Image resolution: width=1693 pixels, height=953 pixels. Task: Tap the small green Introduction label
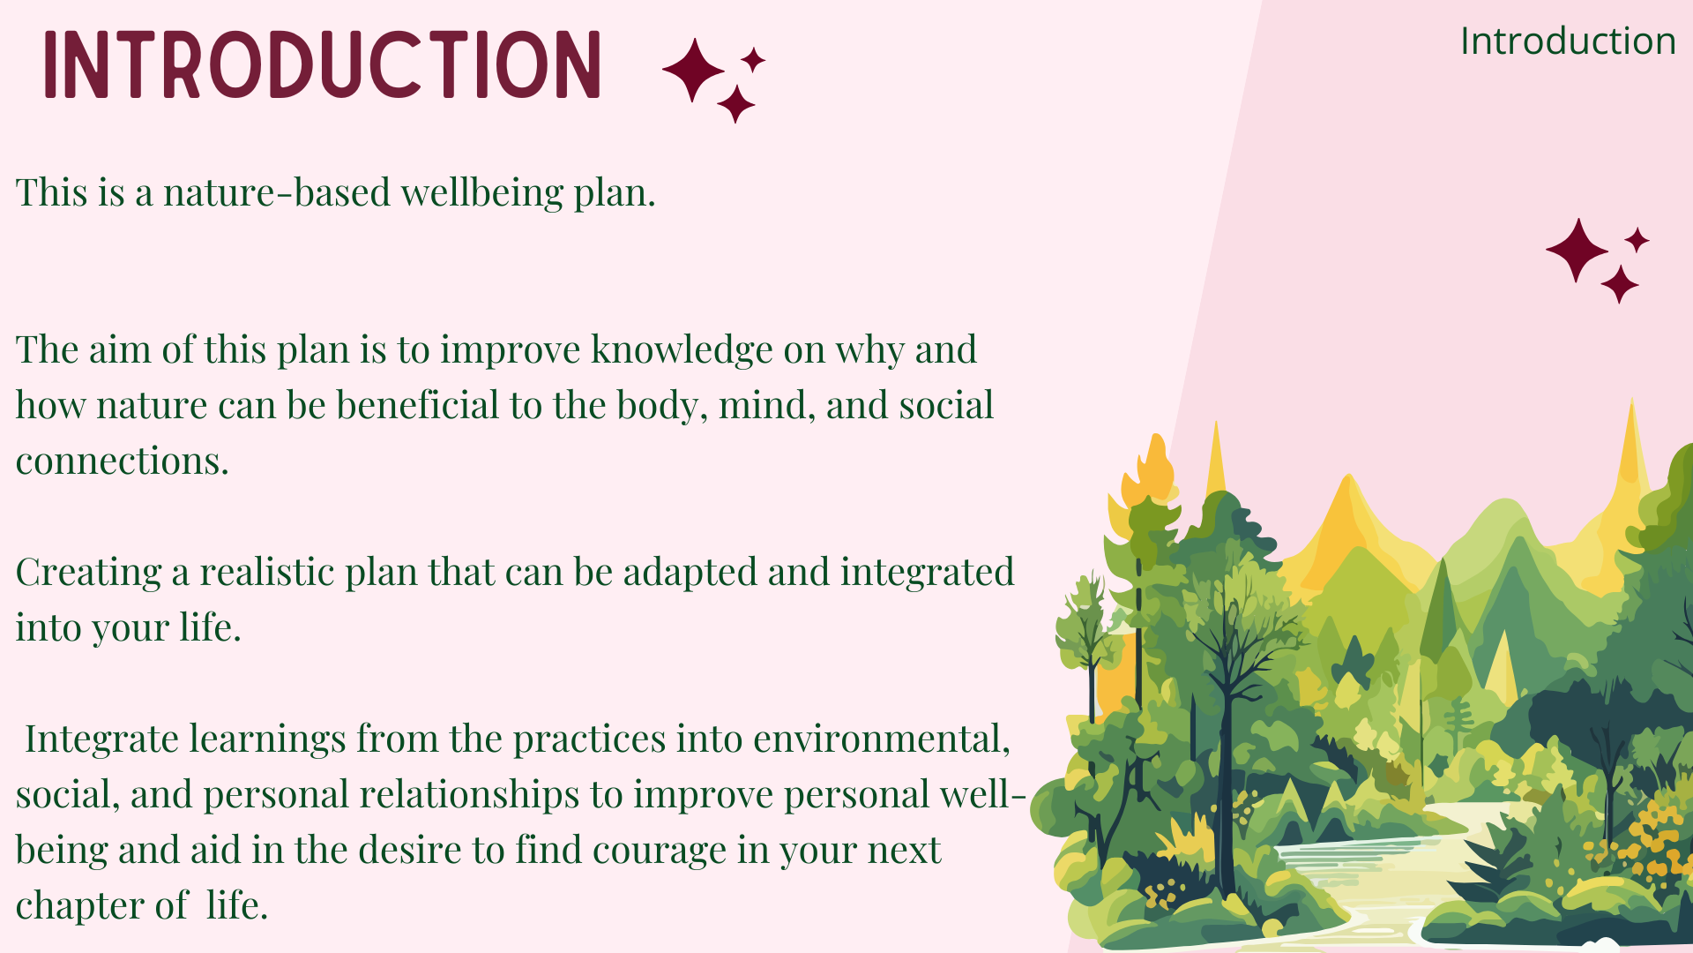[x=1567, y=41]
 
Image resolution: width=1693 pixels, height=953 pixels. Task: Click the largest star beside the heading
[x=693, y=70]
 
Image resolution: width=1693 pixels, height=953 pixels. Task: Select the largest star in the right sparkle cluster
[x=1577, y=251]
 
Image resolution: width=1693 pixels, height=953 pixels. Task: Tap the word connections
[x=122, y=461]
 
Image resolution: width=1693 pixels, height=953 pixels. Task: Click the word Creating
[x=88, y=573]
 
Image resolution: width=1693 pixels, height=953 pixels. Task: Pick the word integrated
[x=927, y=573]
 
